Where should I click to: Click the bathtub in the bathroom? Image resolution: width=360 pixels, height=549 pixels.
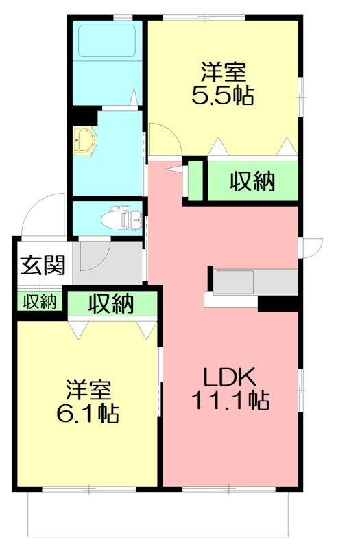pos(106,41)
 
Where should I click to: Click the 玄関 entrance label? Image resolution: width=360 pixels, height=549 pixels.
pos(42,265)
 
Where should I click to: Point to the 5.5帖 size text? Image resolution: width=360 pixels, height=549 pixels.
pos(223,95)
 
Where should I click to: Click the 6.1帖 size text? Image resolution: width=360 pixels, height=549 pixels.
pos(88,413)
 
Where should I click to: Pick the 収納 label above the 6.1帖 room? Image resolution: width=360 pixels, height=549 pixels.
pos(110,303)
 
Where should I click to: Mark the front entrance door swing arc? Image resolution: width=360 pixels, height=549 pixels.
pos(43,213)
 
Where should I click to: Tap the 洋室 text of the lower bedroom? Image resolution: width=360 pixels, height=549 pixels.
pos(88,390)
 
